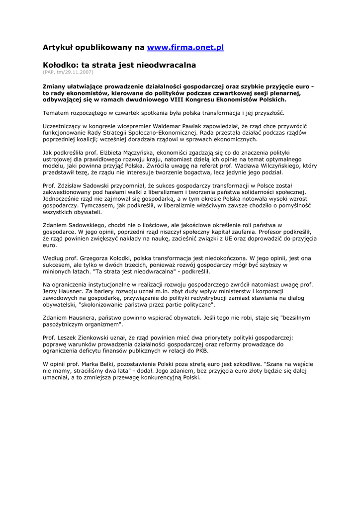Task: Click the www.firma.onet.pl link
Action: click(x=185, y=47)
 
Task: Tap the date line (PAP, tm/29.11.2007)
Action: click(x=68, y=73)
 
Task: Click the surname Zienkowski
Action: click(x=89, y=337)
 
